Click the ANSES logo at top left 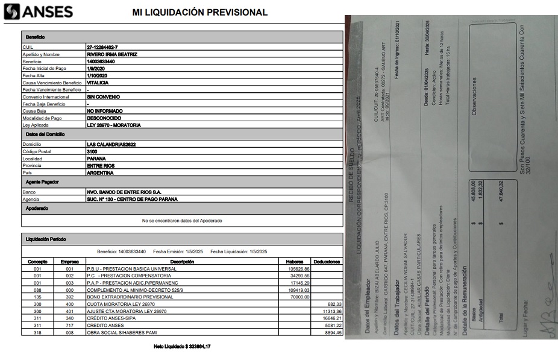point(38,11)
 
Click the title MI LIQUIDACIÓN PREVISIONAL point(199,13)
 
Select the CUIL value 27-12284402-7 point(102,46)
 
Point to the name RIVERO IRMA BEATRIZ point(112,54)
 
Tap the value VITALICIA point(99,83)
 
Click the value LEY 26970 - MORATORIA point(114,125)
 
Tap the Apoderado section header point(37,209)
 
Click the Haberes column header point(294,262)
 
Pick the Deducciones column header point(327,262)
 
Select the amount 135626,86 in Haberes point(299,269)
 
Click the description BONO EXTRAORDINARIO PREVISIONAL point(130,297)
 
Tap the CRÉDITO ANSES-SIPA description point(112,318)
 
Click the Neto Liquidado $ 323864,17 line point(183,347)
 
